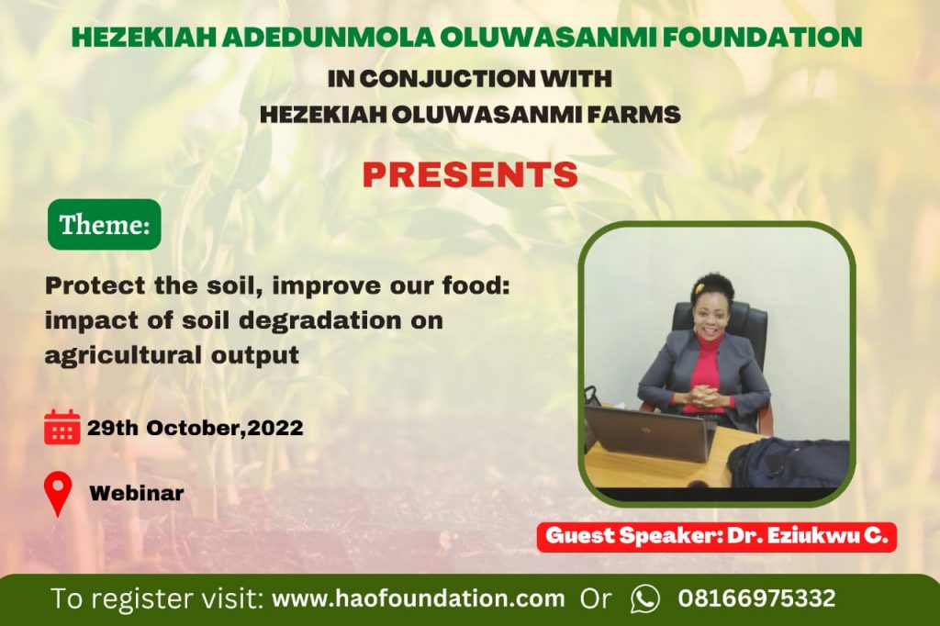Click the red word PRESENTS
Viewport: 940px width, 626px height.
pyautogui.click(x=470, y=174)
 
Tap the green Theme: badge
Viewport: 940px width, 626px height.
pyautogui.click(x=105, y=224)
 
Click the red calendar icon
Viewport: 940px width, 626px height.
pyautogui.click(x=62, y=427)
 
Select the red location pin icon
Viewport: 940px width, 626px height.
pyautogui.click(x=58, y=494)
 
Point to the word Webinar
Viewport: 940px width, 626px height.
pyautogui.click(x=137, y=494)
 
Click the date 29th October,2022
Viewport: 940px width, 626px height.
pyautogui.click(x=195, y=428)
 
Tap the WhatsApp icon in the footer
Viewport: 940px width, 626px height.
pyautogui.click(x=645, y=598)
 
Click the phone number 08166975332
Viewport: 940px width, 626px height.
pyautogui.click(x=756, y=598)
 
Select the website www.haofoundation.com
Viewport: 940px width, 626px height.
pyautogui.click(x=419, y=598)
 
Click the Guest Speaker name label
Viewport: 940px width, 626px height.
pyautogui.click(x=716, y=536)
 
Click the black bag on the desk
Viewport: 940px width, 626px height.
pyautogui.click(x=789, y=462)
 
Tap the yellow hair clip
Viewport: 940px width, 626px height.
pyautogui.click(x=699, y=288)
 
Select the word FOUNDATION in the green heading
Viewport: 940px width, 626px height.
pyautogui.click(x=762, y=38)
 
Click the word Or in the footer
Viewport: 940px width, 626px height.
pyautogui.click(x=596, y=598)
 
